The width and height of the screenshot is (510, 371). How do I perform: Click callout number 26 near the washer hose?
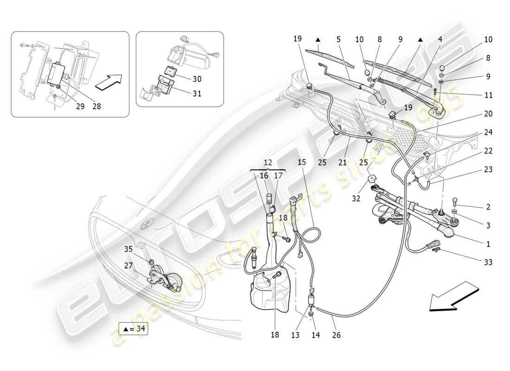tap(336, 334)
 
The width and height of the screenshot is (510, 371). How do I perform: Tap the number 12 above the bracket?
tap(268, 163)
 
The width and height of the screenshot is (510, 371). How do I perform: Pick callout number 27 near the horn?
tap(128, 266)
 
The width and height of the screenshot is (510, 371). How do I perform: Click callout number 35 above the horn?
tap(128, 249)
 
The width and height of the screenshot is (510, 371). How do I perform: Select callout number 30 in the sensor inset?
tap(197, 79)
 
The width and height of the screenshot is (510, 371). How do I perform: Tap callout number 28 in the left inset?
tap(96, 106)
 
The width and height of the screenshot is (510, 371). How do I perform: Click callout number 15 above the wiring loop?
tap(302, 163)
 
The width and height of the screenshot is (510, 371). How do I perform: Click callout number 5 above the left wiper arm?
tap(339, 40)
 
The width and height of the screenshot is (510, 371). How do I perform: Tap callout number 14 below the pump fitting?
tap(316, 334)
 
